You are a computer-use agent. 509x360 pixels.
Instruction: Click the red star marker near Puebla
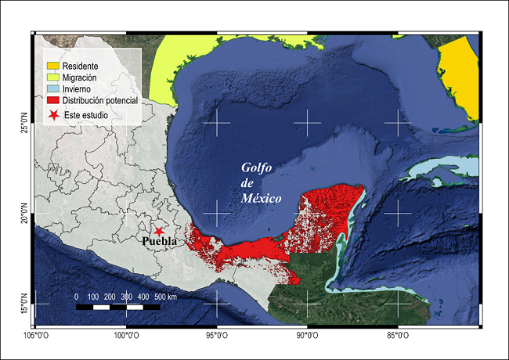click(x=159, y=231)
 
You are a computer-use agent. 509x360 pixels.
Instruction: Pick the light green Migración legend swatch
click(x=54, y=78)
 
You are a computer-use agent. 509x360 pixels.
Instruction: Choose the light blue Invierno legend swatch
click(x=54, y=90)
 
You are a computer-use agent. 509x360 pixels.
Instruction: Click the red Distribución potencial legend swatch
click(x=54, y=101)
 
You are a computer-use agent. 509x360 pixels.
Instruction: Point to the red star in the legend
click(x=54, y=115)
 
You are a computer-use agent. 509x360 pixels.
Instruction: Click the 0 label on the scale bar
click(x=76, y=297)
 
